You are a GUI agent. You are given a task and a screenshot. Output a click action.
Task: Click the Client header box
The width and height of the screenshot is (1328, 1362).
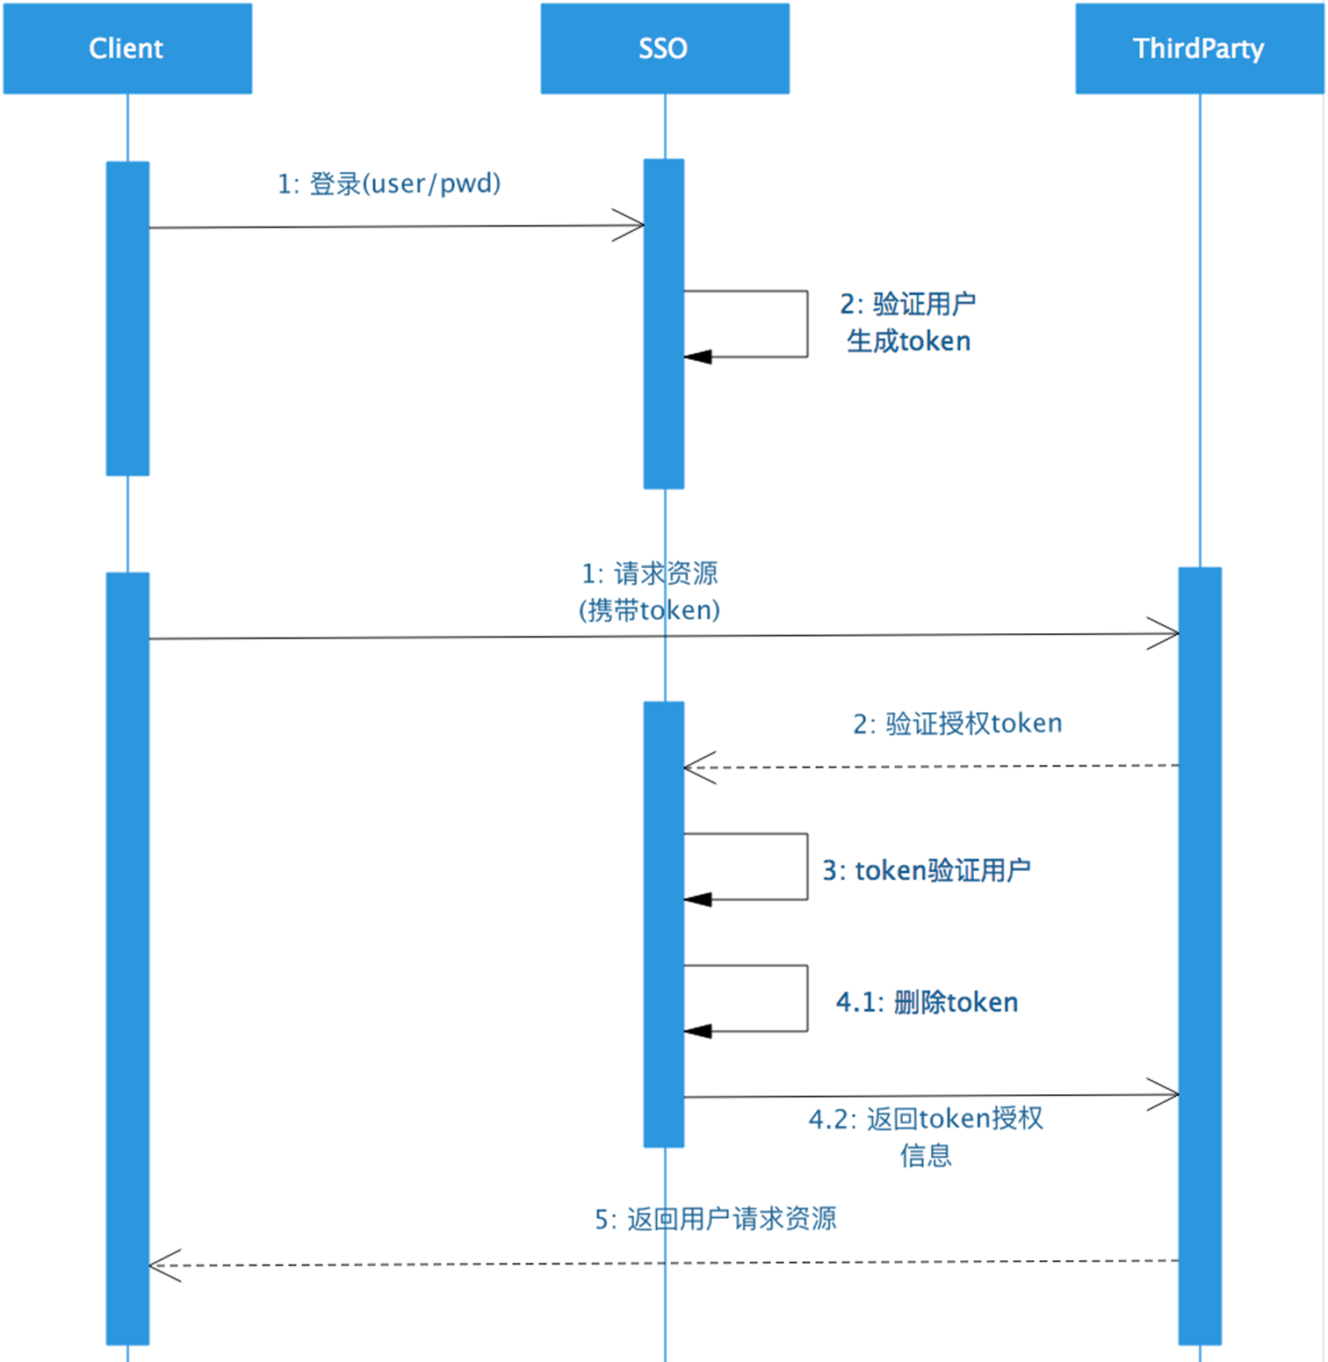tap(127, 48)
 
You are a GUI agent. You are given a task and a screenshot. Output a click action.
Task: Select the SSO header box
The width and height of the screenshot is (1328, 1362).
tap(664, 48)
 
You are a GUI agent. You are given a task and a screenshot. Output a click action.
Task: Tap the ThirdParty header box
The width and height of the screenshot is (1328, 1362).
tap(1199, 48)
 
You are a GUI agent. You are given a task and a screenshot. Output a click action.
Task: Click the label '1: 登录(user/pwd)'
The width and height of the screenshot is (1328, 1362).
tap(389, 184)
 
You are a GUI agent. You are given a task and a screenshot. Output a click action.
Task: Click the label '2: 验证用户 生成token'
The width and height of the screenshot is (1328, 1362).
tap(908, 322)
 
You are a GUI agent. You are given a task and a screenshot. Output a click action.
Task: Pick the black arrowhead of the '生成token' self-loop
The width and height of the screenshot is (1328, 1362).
tap(697, 357)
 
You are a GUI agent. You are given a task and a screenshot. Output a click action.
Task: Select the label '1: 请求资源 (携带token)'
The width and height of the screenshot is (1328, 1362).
tap(650, 592)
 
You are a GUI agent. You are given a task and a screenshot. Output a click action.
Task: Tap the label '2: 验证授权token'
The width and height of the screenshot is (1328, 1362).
tap(957, 724)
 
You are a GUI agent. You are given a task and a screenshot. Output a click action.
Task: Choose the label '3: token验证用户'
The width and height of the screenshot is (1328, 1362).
tap(927, 870)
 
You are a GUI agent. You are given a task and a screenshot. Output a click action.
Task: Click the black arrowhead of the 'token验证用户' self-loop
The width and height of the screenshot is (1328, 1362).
tap(697, 899)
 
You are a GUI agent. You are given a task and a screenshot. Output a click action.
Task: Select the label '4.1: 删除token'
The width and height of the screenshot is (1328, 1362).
tap(927, 1002)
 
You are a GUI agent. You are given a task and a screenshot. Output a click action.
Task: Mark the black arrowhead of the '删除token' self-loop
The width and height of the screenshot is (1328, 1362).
tap(697, 1031)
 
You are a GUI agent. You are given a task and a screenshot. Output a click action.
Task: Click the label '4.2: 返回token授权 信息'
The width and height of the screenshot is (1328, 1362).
tap(926, 1136)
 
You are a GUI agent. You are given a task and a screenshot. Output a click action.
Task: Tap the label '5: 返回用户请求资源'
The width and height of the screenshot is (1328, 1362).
tap(716, 1219)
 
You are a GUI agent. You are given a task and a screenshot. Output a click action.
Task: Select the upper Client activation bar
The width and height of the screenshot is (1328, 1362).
tap(127, 318)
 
